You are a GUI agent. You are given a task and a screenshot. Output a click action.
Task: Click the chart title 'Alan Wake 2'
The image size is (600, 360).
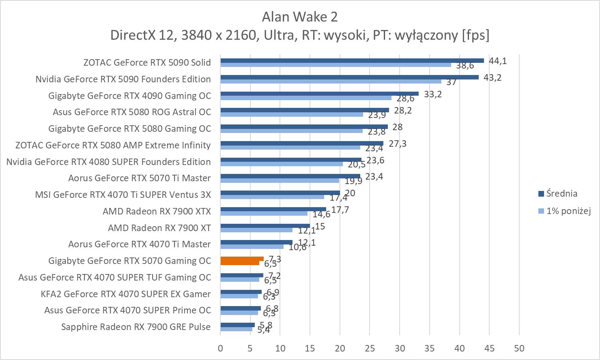pos(299,17)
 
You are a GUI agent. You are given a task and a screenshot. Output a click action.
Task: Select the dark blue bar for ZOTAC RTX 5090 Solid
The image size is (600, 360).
pos(352,60)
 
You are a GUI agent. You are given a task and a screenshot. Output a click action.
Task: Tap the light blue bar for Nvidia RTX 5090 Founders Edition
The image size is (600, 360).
pos(331,81)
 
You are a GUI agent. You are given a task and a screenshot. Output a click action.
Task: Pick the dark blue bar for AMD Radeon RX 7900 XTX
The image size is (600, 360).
pos(273,209)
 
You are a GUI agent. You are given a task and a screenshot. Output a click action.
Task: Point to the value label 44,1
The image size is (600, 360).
pos(498,61)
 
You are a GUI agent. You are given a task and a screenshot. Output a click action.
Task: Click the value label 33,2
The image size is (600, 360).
pos(433,94)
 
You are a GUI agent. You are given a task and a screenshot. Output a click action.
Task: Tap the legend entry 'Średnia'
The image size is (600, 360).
pos(561,194)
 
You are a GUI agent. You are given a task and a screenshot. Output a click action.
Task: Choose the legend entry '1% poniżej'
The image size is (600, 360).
pos(568,211)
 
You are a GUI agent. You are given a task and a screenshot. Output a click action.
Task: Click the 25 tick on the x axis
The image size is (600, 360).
pos(370,348)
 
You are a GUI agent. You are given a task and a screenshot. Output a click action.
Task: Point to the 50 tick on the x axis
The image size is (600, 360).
pos(519,348)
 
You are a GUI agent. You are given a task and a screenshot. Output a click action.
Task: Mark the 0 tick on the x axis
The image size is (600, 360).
pos(220,348)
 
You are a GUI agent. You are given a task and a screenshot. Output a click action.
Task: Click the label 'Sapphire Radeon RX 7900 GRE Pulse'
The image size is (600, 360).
pos(136,327)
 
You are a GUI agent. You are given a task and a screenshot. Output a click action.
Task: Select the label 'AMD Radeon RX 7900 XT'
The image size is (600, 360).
pos(159,228)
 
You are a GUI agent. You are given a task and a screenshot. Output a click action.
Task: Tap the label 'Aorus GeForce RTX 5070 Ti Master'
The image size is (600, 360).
pos(140,178)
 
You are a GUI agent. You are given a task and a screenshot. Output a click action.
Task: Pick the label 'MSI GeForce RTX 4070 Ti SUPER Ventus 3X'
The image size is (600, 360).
pos(123,195)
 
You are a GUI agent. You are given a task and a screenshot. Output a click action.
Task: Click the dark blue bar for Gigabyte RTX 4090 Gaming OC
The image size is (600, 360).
pos(319,94)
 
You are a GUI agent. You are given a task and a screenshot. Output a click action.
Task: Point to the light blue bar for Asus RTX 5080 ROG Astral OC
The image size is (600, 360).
pos(292,114)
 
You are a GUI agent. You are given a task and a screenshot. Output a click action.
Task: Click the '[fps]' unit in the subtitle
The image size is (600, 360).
pos(475,35)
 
